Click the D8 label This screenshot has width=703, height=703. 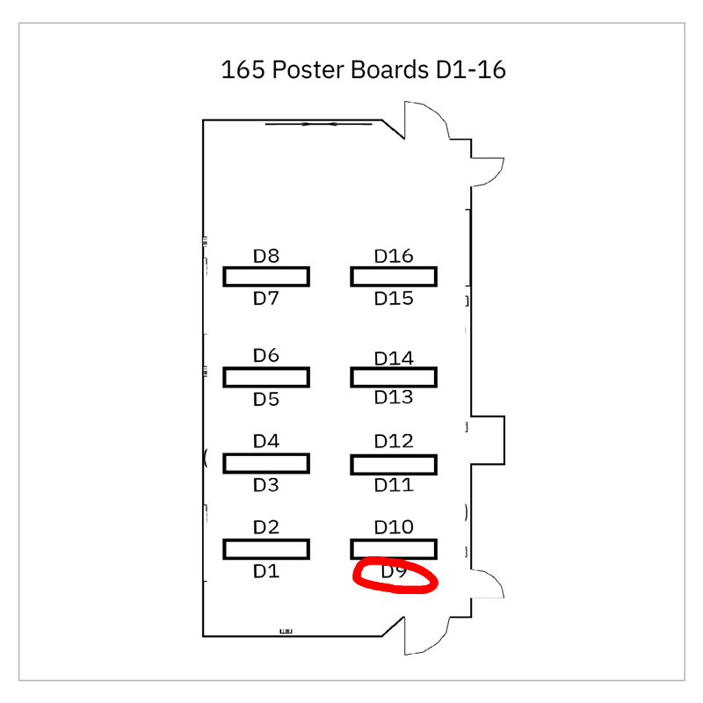(266, 257)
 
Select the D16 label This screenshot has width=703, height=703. (394, 256)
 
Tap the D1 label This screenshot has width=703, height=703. (266, 571)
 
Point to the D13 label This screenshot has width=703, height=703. (394, 397)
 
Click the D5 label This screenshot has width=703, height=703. (266, 399)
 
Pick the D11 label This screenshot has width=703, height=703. (394, 484)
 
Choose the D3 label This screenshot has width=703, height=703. (266, 485)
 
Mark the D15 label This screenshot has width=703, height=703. (394, 298)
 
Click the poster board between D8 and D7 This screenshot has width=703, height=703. (266, 277)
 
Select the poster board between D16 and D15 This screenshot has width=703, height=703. (394, 277)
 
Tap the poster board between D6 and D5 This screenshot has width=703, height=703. (266, 377)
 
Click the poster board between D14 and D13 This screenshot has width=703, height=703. (394, 377)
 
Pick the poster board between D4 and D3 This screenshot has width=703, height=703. (266, 462)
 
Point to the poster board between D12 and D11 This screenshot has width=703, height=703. (394, 463)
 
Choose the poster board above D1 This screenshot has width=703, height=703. (266, 549)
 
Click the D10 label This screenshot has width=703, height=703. (394, 527)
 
